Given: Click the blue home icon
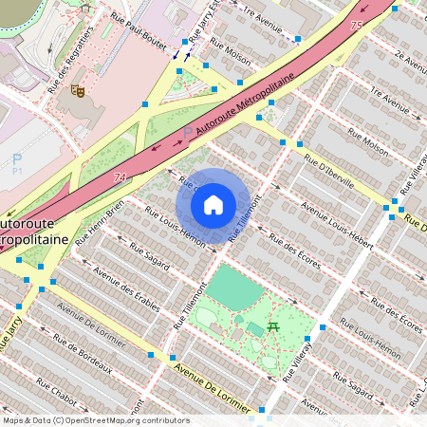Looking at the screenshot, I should [x=213, y=204].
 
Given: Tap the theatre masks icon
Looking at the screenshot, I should [x=80, y=91].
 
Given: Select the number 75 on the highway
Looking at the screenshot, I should [x=356, y=26].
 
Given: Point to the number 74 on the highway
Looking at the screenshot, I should [x=120, y=177].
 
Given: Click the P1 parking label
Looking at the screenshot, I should [x=16, y=163].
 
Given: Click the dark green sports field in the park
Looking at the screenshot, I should [x=233, y=287].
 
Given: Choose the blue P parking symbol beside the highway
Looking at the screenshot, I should [x=187, y=133].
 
